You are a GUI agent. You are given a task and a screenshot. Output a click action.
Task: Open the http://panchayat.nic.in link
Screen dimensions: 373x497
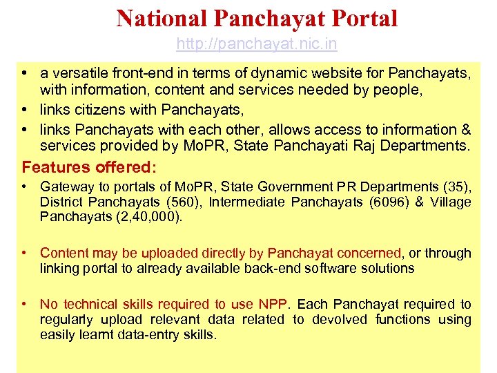(257, 44)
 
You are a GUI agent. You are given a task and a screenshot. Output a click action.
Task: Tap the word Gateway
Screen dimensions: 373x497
(65, 186)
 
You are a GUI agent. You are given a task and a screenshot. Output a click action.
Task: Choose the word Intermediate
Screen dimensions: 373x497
(246, 202)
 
